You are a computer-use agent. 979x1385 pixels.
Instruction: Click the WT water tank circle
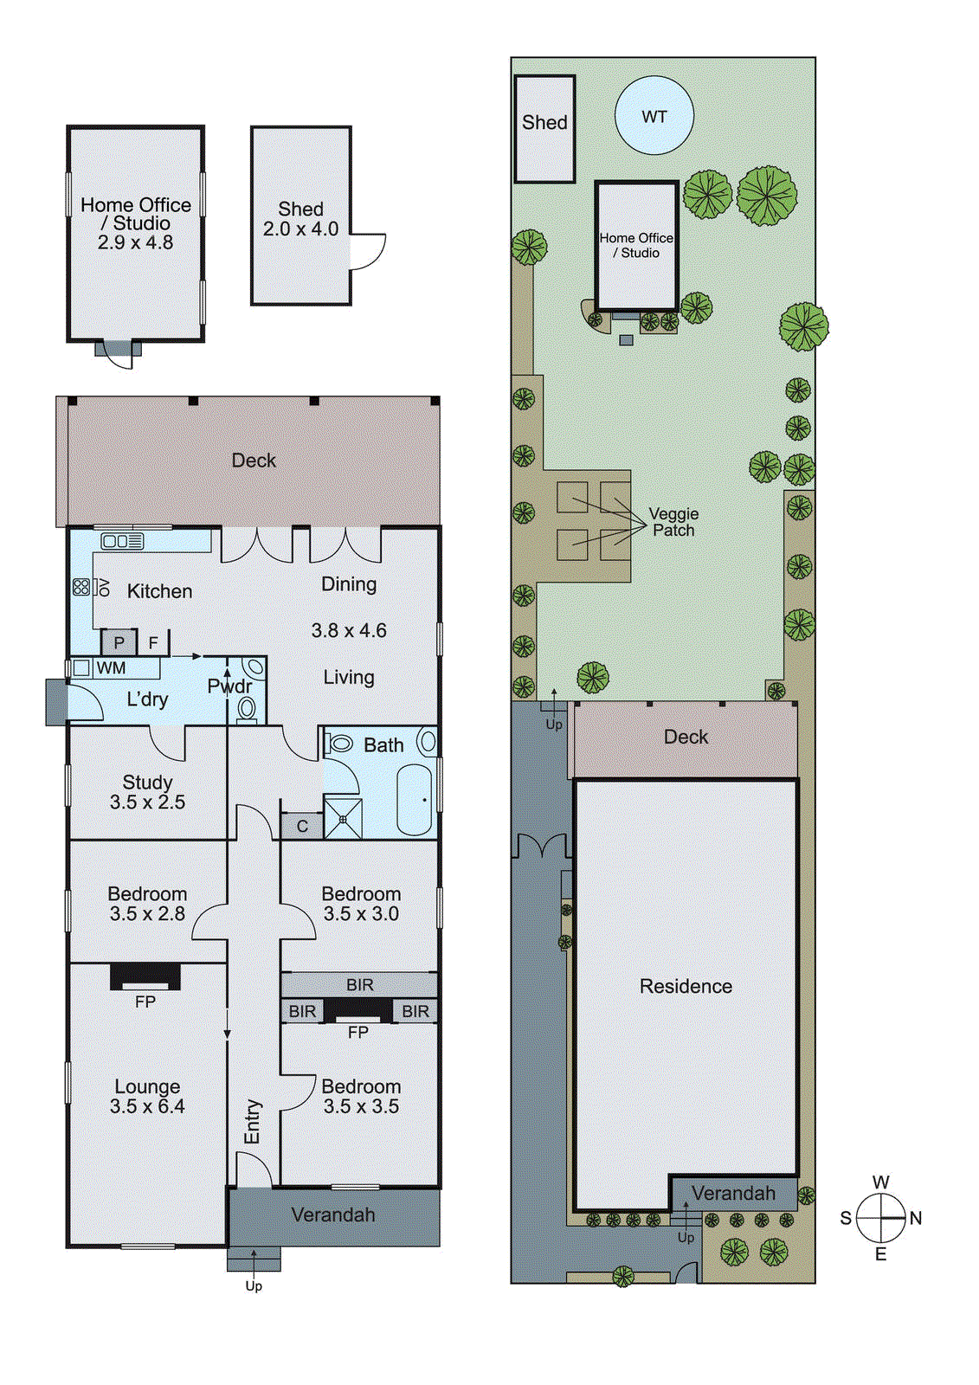pyautogui.click(x=654, y=116)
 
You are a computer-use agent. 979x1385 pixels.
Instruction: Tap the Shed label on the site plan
pyautogui.click(x=544, y=123)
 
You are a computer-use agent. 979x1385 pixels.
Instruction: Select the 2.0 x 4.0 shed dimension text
pyautogui.click(x=300, y=229)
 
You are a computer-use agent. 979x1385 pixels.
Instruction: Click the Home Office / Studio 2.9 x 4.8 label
pyautogui.click(x=136, y=223)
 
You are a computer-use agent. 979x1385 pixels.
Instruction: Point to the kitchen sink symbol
pyautogui.click(x=122, y=542)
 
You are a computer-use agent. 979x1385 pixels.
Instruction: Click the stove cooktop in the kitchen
pyautogui.click(x=81, y=587)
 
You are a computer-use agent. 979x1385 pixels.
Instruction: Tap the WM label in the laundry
pyautogui.click(x=111, y=668)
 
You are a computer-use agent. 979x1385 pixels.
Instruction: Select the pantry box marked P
pyautogui.click(x=119, y=642)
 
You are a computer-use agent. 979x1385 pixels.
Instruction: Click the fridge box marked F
pyautogui.click(x=154, y=642)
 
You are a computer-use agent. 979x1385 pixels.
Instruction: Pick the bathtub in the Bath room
pyautogui.click(x=415, y=800)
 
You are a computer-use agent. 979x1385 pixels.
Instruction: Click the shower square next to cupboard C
pyautogui.click(x=343, y=818)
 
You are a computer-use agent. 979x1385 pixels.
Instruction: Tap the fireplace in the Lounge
pyautogui.click(x=145, y=978)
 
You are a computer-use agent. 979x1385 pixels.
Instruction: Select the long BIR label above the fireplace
pyautogui.click(x=359, y=985)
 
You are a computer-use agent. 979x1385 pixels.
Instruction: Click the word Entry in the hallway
pyautogui.click(x=253, y=1121)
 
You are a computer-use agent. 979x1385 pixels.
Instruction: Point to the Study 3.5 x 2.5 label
pyautogui.click(x=147, y=792)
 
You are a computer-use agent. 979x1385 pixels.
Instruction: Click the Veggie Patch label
pyautogui.click(x=673, y=522)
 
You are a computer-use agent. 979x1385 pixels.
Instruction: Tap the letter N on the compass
pyautogui.click(x=916, y=1218)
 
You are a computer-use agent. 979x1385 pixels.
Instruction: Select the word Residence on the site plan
pyautogui.click(x=686, y=986)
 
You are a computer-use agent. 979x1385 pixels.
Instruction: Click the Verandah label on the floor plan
pyautogui.click(x=333, y=1214)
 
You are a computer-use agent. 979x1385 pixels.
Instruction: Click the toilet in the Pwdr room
pyautogui.click(x=247, y=709)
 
